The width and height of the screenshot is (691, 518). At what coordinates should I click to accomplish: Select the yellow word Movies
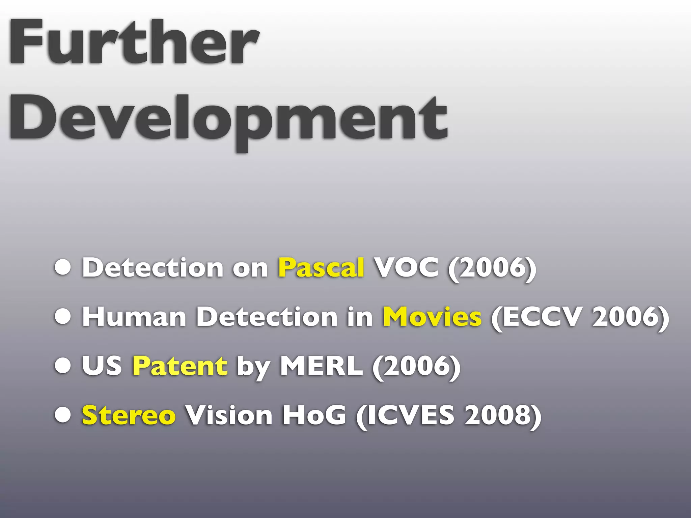coord(432,317)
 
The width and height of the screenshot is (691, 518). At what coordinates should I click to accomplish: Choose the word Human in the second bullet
coord(134,317)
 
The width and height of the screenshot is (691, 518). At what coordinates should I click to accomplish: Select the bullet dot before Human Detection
coord(63,317)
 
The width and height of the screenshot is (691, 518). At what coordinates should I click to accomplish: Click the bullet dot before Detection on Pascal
coord(63,268)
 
